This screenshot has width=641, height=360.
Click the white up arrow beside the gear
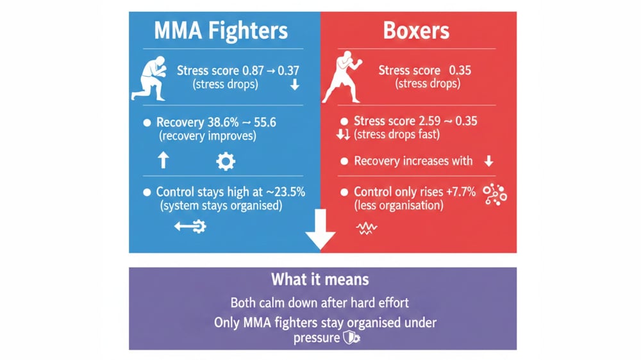point(163,160)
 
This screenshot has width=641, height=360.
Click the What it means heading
point(320,279)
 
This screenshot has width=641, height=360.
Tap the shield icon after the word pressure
point(349,337)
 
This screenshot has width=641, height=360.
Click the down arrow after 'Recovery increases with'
point(489,161)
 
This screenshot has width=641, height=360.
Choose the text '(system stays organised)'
point(215,206)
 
